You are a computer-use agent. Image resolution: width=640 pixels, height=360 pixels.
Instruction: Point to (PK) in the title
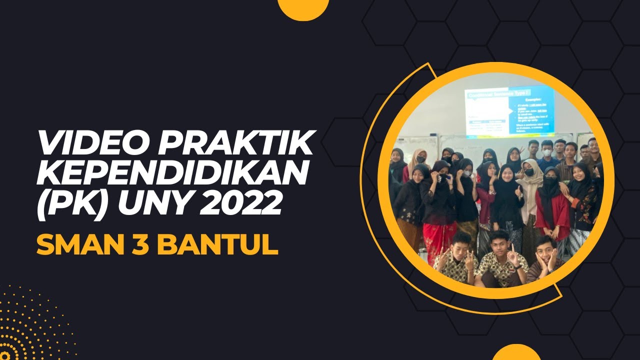[66, 204]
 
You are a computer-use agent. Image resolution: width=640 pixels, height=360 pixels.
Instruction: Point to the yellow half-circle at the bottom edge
[516, 353]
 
